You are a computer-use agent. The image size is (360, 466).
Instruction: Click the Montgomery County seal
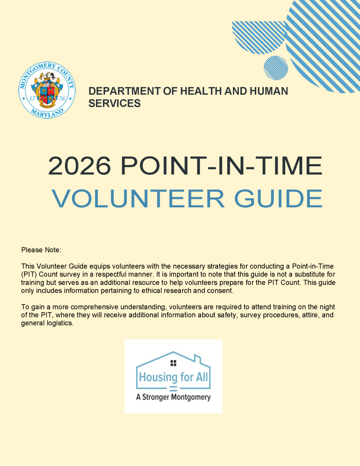47,91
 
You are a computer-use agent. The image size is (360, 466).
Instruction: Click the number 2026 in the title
79,166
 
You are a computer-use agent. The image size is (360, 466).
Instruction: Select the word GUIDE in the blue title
278,198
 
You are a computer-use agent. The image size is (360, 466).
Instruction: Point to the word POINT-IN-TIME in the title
222,166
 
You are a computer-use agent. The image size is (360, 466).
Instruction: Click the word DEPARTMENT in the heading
122,92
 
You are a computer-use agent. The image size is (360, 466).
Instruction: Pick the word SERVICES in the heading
115,104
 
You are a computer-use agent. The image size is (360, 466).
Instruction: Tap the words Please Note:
41,250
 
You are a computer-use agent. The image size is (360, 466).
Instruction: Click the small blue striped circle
276,68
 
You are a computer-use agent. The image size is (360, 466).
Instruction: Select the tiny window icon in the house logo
173,363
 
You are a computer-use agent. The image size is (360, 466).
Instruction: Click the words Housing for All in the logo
173,377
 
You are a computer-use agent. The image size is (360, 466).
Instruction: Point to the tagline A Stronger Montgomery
173,397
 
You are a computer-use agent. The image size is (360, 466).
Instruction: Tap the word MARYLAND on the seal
47,112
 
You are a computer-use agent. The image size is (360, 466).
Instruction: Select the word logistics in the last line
60,323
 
